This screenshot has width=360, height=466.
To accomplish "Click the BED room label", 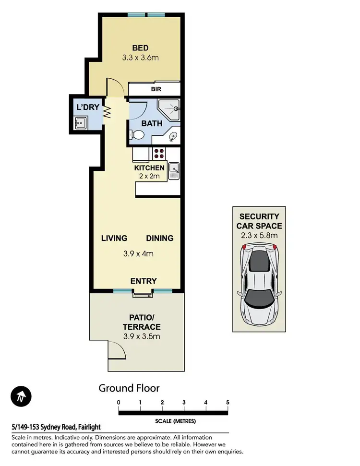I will (140, 48).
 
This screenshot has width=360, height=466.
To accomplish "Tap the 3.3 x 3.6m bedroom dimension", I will (140, 58).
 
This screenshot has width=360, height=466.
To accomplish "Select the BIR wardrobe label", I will (156, 89).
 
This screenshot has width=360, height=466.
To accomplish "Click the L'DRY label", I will (87, 108).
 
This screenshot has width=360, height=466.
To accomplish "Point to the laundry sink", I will (80, 124).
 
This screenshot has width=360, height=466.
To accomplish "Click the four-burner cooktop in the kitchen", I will (159, 154).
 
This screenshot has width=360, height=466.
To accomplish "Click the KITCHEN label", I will (149, 168).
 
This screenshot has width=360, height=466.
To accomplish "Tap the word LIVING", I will (114, 238).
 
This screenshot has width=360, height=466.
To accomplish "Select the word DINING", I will (159, 238).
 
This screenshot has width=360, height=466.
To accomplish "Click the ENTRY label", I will (144, 281).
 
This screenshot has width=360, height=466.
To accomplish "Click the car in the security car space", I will (259, 283).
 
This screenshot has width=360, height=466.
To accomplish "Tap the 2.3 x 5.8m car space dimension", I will (259, 235).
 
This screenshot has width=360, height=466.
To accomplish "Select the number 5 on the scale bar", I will (228, 402).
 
